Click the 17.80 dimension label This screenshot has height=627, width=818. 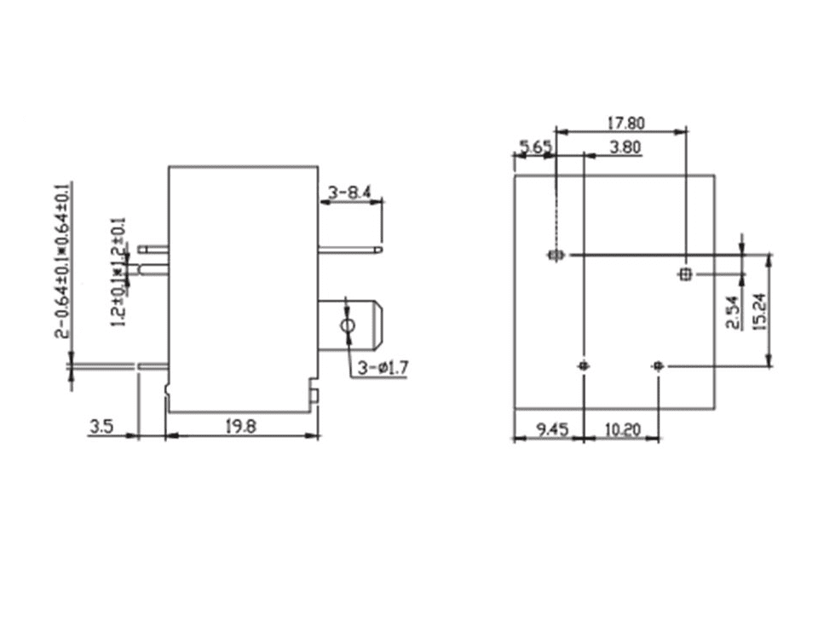click(625, 123)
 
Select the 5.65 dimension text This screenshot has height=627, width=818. click(536, 147)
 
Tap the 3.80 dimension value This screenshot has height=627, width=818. click(625, 147)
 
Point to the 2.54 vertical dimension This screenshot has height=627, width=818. click(733, 313)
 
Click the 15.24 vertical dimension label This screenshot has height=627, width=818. click(760, 312)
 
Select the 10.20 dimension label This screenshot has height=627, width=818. click(622, 429)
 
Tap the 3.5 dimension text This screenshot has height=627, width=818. click(101, 426)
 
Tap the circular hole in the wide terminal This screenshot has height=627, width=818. click(347, 327)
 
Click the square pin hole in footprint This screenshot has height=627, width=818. click(685, 273)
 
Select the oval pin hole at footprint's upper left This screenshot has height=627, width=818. click(556, 255)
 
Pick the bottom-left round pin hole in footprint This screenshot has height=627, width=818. click(583, 365)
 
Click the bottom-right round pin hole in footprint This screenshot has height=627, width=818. click(656, 365)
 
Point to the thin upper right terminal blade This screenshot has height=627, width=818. click(351, 250)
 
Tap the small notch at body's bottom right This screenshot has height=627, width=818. click(314, 395)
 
